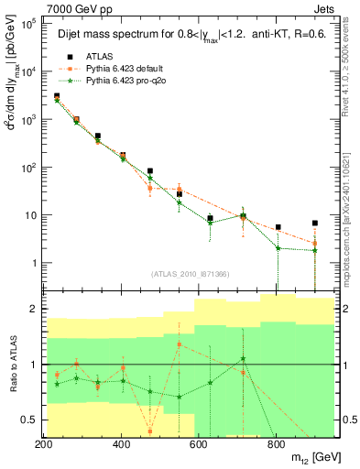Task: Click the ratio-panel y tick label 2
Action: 32,310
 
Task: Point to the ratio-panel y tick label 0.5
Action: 28,420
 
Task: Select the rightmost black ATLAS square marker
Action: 315,223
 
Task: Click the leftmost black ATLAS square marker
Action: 57,96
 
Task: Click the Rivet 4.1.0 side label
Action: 350,64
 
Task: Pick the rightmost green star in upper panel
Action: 315,250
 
